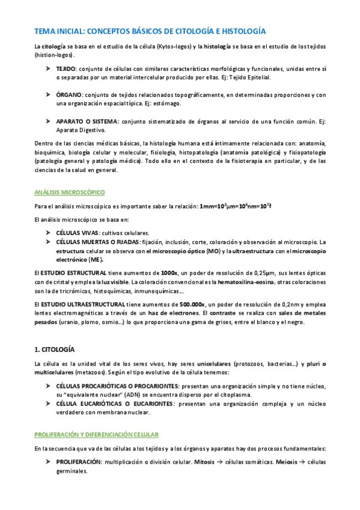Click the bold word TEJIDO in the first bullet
click(66, 70)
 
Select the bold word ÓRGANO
click(68, 95)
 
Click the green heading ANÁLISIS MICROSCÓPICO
click(70, 192)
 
